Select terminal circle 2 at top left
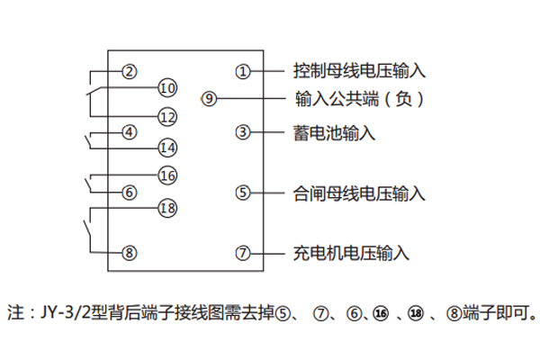[x=130, y=71]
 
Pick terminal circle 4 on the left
[x=130, y=132]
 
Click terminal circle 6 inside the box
[x=130, y=192]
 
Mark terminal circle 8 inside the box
[x=130, y=253]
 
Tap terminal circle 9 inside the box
[x=210, y=99]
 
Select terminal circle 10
[x=167, y=87]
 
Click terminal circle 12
[x=167, y=116]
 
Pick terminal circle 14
[x=167, y=147]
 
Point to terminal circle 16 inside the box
[x=167, y=175]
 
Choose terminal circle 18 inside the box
[x=167, y=208]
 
